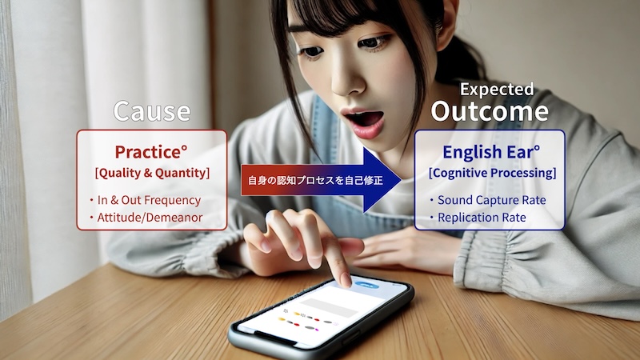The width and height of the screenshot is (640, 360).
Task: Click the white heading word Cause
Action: click(x=152, y=111)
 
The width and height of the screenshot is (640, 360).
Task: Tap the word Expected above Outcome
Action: click(x=497, y=90)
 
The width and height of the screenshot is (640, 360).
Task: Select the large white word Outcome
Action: click(x=490, y=111)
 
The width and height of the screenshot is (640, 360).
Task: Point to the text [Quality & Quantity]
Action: click(x=152, y=173)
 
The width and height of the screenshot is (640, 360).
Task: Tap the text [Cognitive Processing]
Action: click(x=492, y=173)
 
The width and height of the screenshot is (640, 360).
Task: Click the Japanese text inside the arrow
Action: click(x=315, y=180)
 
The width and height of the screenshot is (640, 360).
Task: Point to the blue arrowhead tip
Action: click(x=402, y=180)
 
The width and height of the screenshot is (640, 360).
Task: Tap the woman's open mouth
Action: click(x=365, y=122)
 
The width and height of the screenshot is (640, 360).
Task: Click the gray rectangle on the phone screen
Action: click(x=329, y=307)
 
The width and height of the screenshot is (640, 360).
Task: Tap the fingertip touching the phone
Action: click(x=345, y=280)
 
